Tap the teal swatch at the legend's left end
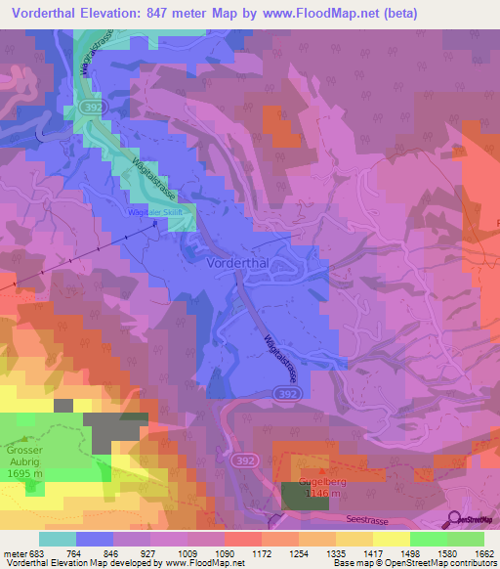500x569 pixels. pyautogui.click(x=57, y=539)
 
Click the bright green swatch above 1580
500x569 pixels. pyautogui.click(x=428, y=539)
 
